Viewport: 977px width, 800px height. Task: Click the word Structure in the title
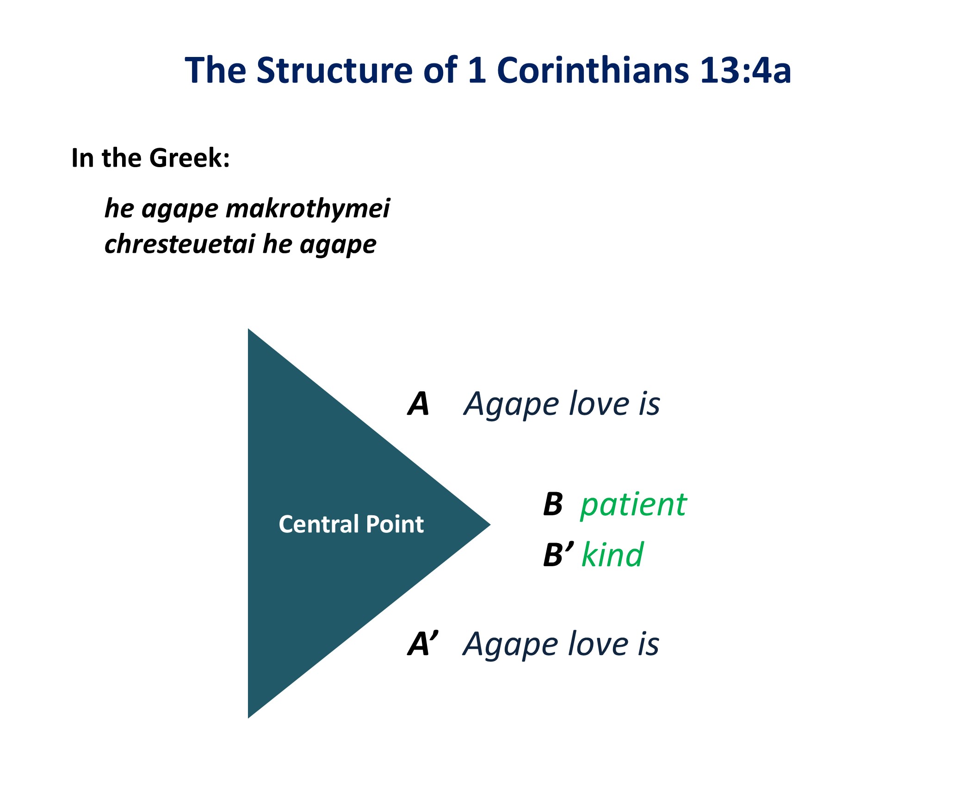(334, 70)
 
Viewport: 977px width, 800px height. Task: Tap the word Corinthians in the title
(593, 70)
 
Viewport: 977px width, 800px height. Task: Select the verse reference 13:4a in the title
(745, 70)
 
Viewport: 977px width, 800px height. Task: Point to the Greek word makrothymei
(308, 209)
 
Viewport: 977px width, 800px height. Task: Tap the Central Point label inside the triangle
(351, 524)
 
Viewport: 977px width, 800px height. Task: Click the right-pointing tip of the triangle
(488, 525)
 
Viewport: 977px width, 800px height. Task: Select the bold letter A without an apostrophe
(418, 404)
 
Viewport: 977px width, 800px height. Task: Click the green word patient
(633, 505)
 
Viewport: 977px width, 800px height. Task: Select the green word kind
(612, 554)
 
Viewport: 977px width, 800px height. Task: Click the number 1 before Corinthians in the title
(477, 70)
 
